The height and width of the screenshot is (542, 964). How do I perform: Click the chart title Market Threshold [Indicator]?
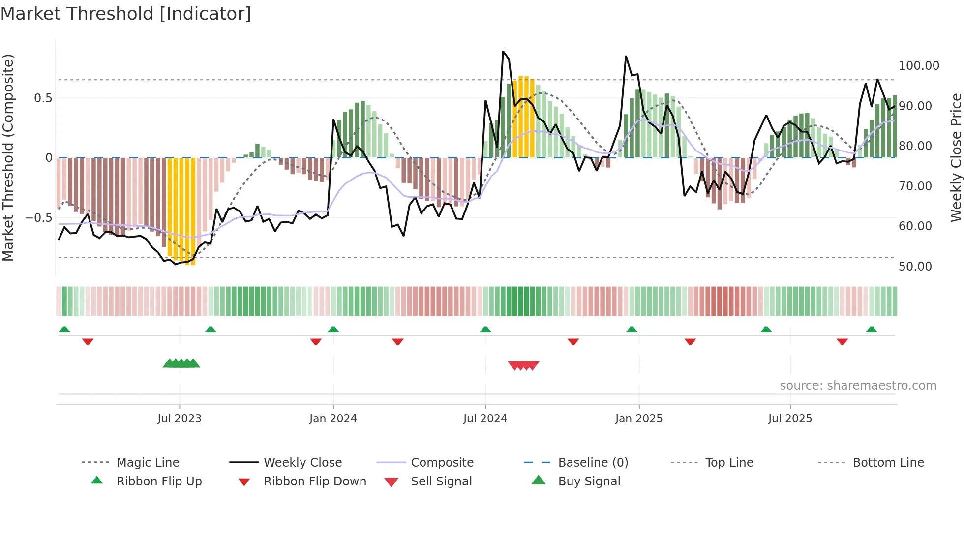click(x=126, y=14)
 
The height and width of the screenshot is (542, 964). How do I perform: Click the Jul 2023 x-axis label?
click(x=179, y=419)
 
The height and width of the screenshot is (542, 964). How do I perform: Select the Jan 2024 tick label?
click(x=333, y=419)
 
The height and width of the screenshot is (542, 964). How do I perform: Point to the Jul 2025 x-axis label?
click(x=790, y=419)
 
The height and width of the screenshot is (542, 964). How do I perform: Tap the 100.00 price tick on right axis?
click(x=919, y=66)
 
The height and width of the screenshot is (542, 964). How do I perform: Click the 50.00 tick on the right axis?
click(x=915, y=267)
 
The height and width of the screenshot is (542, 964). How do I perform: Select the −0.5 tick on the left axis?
click(x=38, y=218)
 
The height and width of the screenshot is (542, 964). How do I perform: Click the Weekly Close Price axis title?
click(x=956, y=157)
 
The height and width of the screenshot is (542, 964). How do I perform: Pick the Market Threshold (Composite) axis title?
click(x=8, y=157)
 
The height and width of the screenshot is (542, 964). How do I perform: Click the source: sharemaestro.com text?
click(x=858, y=386)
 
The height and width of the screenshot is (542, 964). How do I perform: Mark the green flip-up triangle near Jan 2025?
click(x=632, y=330)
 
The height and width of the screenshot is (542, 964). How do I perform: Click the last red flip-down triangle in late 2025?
click(x=842, y=341)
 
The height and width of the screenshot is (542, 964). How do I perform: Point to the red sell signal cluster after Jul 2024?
click(x=523, y=365)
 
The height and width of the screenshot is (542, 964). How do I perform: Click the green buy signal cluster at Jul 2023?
click(x=181, y=363)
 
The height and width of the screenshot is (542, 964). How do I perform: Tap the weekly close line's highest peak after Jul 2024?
click(x=503, y=52)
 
